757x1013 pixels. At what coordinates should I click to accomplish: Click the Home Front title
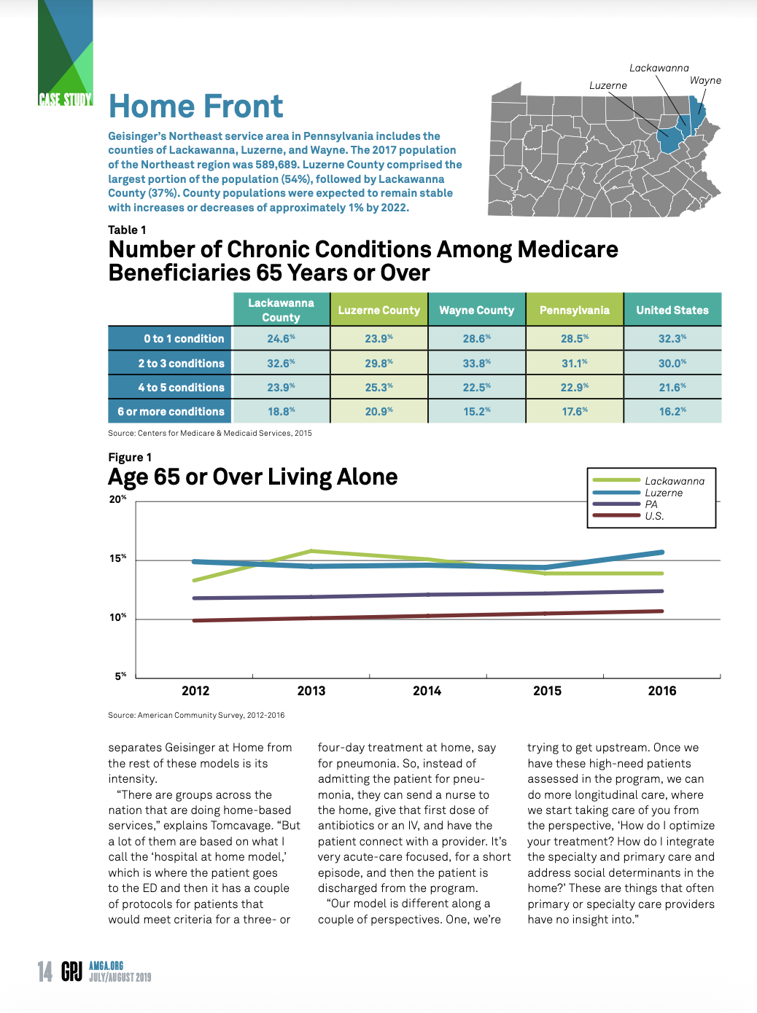point(195,106)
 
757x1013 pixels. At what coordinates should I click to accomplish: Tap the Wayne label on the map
point(704,80)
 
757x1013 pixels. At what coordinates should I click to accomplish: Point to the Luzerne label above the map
point(607,85)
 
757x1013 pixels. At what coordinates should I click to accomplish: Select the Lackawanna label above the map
point(659,68)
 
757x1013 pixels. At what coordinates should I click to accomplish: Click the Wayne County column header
point(476,310)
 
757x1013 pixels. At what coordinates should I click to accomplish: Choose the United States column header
point(672,310)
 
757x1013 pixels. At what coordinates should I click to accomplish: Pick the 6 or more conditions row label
point(171,412)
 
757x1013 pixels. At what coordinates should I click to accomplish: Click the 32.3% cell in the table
point(672,339)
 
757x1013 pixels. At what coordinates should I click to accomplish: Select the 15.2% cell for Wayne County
point(476,412)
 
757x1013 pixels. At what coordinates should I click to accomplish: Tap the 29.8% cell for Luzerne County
point(378,363)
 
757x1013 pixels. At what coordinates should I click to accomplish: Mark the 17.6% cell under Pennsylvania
point(575,412)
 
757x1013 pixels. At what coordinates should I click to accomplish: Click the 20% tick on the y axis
point(117,499)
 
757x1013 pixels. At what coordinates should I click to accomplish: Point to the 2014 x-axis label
point(427,691)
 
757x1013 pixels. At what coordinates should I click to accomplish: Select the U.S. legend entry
point(654,516)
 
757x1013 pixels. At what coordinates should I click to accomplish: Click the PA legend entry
point(651,504)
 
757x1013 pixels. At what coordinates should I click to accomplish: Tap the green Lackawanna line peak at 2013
point(311,551)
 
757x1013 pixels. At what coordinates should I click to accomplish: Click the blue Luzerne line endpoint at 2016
point(662,552)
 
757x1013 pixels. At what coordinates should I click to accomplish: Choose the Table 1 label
point(127,230)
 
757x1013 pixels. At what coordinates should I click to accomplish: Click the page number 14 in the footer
point(45,971)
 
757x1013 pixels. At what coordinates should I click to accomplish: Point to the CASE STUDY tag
point(66,100)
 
